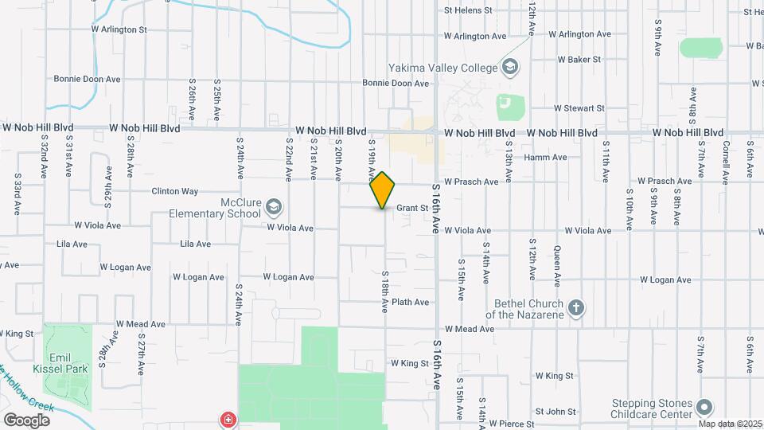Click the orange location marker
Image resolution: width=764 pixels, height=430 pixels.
[x=383, y=190]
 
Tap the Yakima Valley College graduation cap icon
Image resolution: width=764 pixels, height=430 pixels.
[x=510, y=68]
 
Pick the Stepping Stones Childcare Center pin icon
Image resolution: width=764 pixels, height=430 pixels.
[x=704, y=408]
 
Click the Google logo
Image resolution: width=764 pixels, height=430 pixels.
[x=26, y=420]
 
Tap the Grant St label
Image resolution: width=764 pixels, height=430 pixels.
[x=412, y=208]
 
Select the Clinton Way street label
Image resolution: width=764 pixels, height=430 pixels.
[x=174, y=191]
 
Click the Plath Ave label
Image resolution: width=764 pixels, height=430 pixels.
[x=411, y=302]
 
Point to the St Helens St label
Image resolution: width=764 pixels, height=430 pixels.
[x=470, y=10]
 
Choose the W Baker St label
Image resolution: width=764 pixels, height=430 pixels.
[x=579, y=60]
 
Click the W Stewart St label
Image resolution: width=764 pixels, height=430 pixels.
[x=579, y=107]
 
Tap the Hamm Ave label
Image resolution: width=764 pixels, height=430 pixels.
[x=545, y=158]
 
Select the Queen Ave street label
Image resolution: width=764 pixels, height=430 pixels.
[x=556, y=265]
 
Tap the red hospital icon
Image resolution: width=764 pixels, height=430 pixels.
[x=229, y=419]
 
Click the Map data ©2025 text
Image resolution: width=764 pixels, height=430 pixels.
[x=729, y=424]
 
